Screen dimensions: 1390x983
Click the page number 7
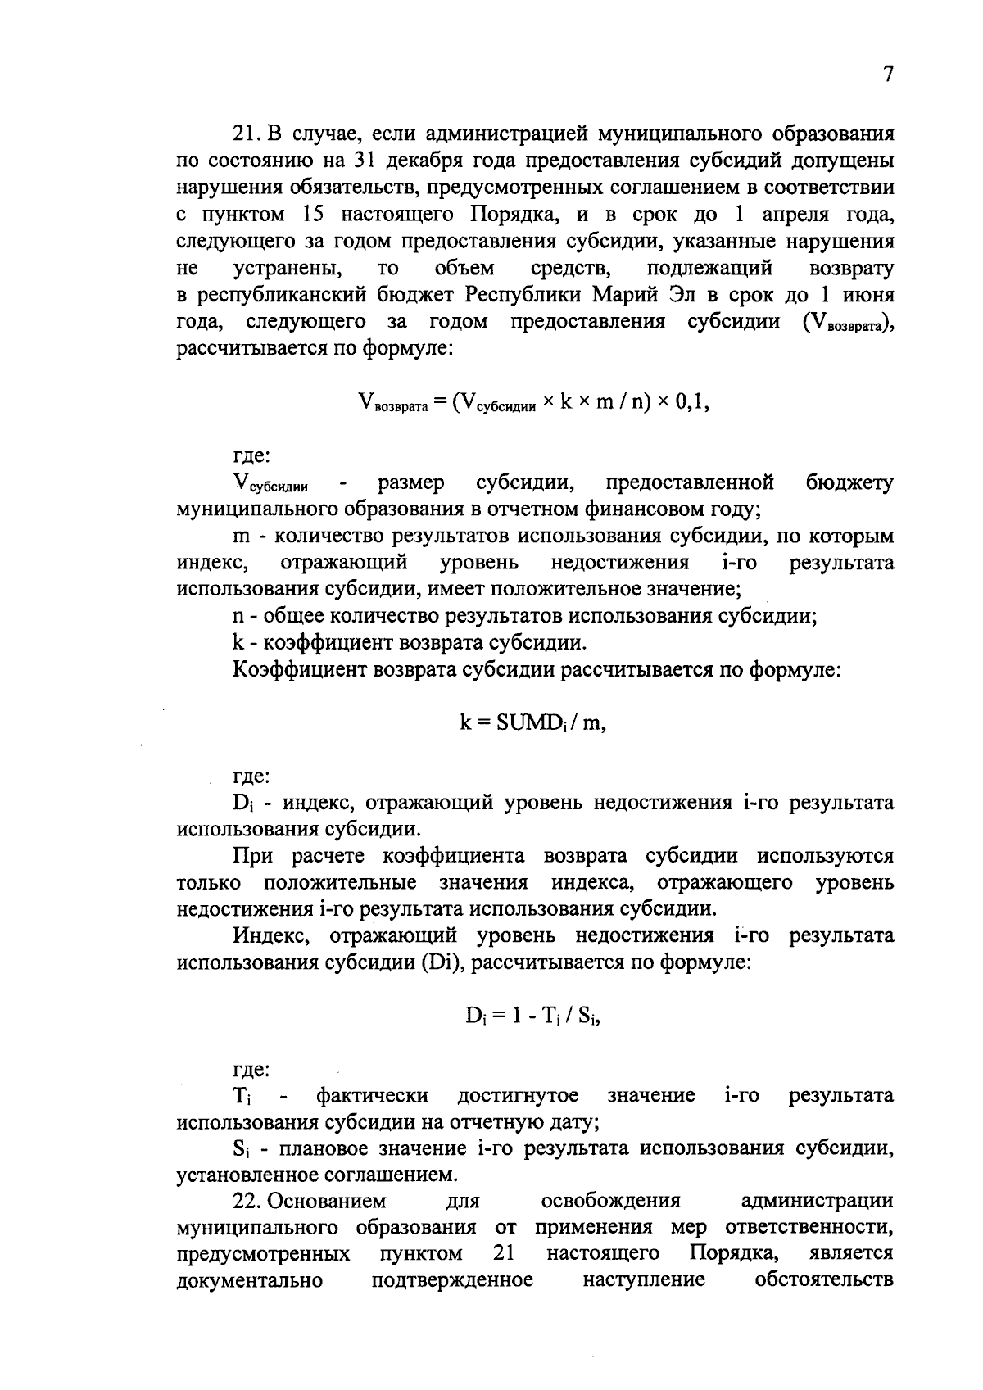click(888, 75)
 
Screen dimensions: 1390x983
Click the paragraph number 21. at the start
click(249, 134)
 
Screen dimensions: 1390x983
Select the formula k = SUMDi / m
click(532, 723)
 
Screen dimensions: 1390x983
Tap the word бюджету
click(849, 483)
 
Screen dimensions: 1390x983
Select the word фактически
click(373, 1096)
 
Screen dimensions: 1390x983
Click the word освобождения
click(611, 1202)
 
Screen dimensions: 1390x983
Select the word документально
click(249, 1280)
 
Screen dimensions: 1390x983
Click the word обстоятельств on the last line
click(824, 1280)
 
